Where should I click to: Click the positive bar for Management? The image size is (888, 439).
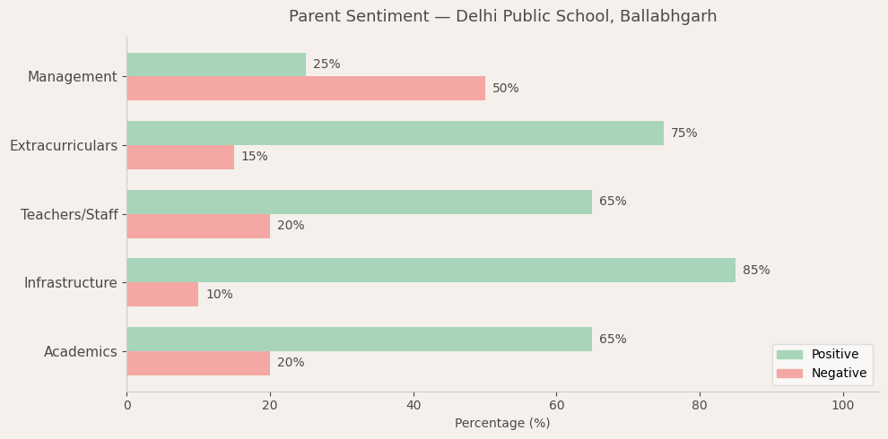pos(216,65)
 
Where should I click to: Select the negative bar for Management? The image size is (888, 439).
pos(306,89)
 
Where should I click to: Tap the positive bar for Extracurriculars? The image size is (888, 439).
pos(395,133)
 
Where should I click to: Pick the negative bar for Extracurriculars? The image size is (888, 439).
pos(180,157)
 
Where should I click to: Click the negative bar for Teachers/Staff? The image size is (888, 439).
pos(198,226)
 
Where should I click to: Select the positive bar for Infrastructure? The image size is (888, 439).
pos(431,271)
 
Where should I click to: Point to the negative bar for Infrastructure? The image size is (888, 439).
pos(162,295)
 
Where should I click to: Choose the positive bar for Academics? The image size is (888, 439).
pos(359,340)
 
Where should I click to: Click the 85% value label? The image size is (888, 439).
pos(756,271)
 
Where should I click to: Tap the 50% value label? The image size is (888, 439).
pos(506,89)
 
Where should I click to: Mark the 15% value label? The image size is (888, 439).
pos(255,157)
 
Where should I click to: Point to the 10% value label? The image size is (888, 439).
pos(219,295)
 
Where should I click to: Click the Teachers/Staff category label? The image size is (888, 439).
pos(69,215)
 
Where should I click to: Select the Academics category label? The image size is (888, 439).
pos(81,352)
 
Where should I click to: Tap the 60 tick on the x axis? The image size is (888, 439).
pos(556,406)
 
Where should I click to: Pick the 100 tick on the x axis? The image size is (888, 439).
pos(842,406)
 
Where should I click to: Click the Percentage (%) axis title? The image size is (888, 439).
pos(502,424)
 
